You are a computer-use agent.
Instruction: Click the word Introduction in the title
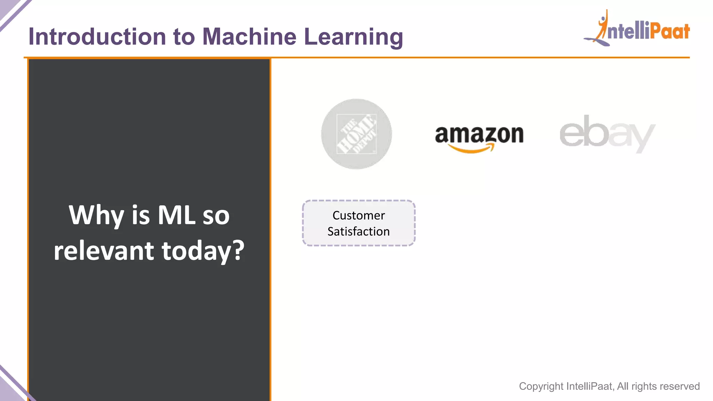(x=97, y=37)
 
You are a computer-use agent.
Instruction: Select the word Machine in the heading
(x=249, y=37)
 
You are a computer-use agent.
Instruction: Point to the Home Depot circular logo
(x=356, y=134)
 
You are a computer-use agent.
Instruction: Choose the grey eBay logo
(x=607, y=134)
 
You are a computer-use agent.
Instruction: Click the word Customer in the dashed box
(x=359, y=215)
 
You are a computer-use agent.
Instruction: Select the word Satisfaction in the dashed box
(x=359, y=231)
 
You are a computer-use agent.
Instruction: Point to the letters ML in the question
(x=177, y=215)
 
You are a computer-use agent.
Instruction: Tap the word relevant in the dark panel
(x=104, y=251)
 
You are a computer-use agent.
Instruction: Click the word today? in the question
(x=203, y=251)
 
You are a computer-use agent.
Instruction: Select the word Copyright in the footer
(x=541, y=386)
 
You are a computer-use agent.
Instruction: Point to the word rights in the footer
(x=644, y=386)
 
